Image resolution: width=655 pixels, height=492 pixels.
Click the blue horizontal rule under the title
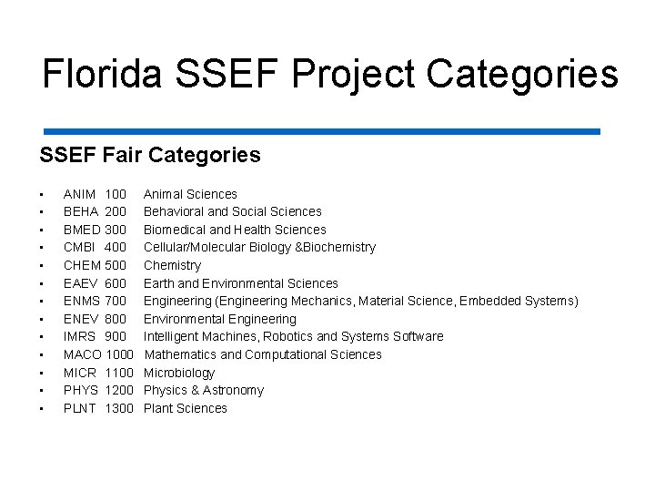tap(319, 131)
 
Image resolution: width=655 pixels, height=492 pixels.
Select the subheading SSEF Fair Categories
tap(150, 155)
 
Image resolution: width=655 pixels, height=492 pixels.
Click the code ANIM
tap(80, 194)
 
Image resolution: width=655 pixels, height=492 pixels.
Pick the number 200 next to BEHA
tap(116, 211)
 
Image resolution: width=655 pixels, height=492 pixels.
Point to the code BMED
tap(82, 230)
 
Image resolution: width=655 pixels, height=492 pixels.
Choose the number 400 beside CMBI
tap(116, 247)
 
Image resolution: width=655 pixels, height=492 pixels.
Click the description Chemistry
tap(172, 265)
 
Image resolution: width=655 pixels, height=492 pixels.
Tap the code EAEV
tap(81, 283)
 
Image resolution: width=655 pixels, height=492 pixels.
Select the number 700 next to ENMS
tap(116, 301)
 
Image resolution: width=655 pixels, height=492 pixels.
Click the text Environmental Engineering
tap(220, 319)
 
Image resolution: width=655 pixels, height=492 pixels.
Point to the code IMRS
tap(80, 336)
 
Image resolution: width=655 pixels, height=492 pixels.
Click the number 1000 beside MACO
tap(119, 354)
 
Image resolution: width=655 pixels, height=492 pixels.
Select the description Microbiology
tap(179, 373)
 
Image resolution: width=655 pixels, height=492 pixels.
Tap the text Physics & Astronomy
tap(204, 390)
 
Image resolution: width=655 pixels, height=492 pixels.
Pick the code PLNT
tap(80, 408)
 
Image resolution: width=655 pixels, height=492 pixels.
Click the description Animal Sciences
tap(190, 194)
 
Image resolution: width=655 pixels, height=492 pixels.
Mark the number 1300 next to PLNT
tap(119, 408)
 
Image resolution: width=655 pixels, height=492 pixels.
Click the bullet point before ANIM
tap(42, 195)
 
